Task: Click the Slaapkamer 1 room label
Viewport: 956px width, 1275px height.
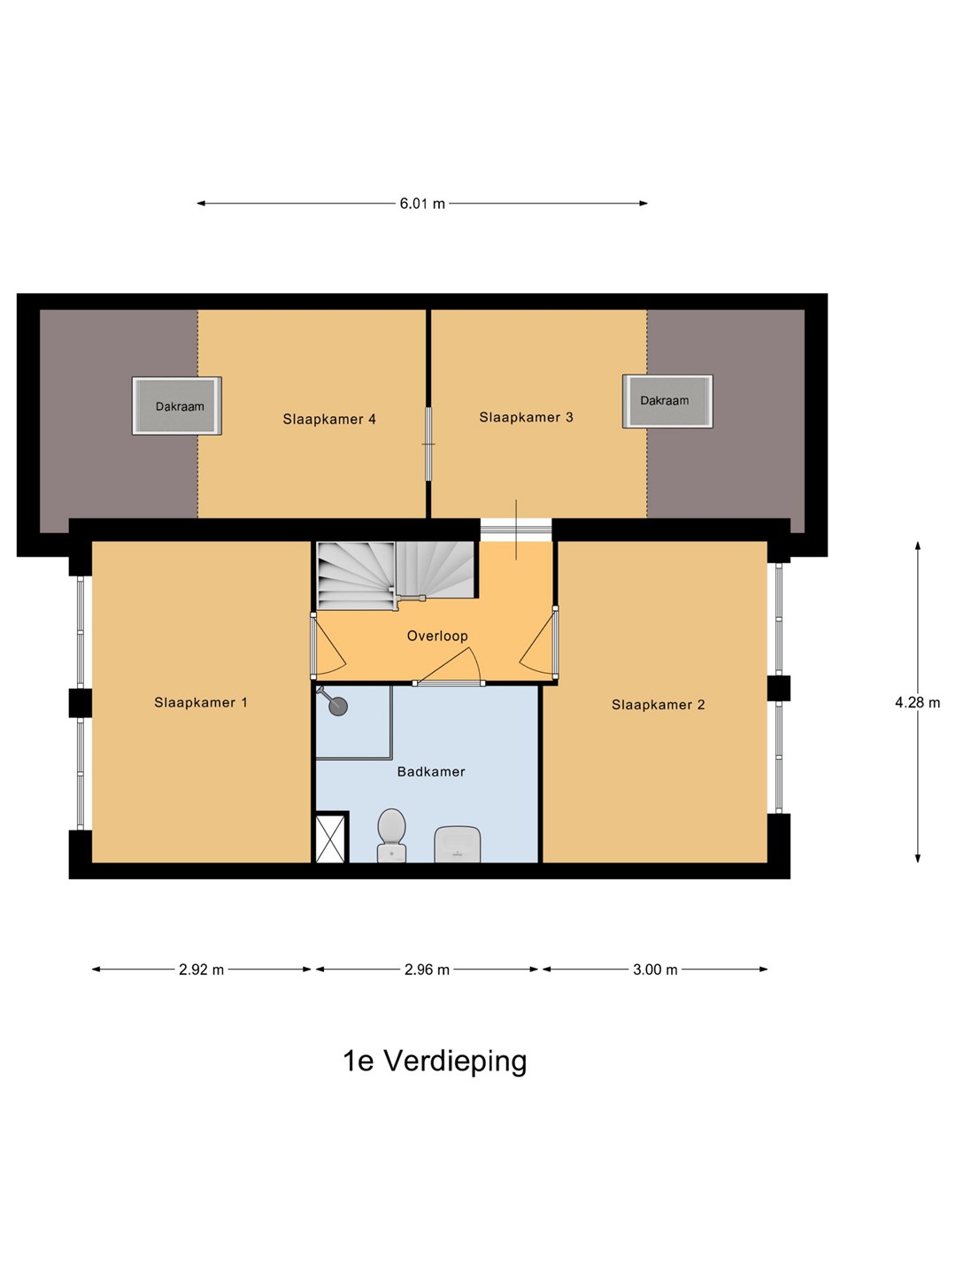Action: coord(201,702)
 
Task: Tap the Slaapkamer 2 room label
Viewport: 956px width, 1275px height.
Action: coord(659,705)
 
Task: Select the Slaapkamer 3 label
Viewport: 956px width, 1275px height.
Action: coord(526,417)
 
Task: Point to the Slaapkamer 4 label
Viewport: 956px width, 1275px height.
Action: coord(329,419)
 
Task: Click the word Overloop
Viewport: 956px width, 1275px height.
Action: coord(437,636)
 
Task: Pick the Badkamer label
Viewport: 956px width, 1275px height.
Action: coord(431,772)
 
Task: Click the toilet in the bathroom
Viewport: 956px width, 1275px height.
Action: coord(391,835)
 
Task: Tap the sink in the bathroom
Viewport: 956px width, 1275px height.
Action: coord(458,844)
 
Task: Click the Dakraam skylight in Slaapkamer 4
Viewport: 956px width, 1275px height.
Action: coord(177,406)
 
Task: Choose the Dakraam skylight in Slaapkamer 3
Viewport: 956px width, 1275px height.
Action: coord(667,401)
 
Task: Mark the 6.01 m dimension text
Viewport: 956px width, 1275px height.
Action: coord(422,204)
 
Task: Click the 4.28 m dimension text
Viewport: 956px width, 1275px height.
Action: coord(918,702)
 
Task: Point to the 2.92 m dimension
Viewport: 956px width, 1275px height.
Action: coord(202,970)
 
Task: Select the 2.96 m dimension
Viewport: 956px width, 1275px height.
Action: coord(428,970)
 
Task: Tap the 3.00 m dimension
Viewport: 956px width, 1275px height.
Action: coord(655,970)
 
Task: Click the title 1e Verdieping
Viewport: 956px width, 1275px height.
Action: coord(435,1062)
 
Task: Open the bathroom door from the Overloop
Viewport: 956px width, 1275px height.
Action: coord(450,668)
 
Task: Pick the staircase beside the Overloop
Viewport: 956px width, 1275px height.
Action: coord(397,575)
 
